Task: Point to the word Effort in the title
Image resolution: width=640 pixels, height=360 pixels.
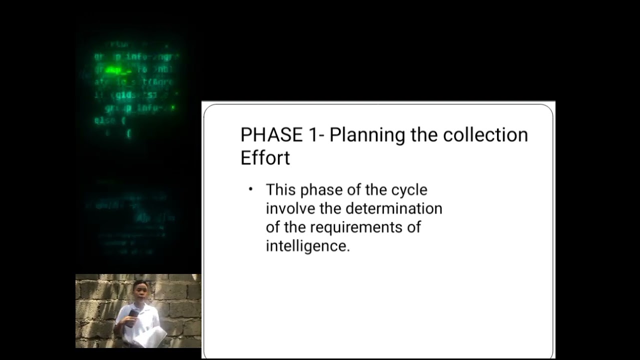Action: click(x=265, y=157)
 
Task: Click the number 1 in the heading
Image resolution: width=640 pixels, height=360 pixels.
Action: click(x=312, y=135)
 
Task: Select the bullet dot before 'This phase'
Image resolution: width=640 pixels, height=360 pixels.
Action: click(x=251, y=189)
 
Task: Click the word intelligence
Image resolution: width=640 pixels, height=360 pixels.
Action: click(x=307, y=246)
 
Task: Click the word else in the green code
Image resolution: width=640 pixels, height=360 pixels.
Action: click(x=103, y=120)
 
